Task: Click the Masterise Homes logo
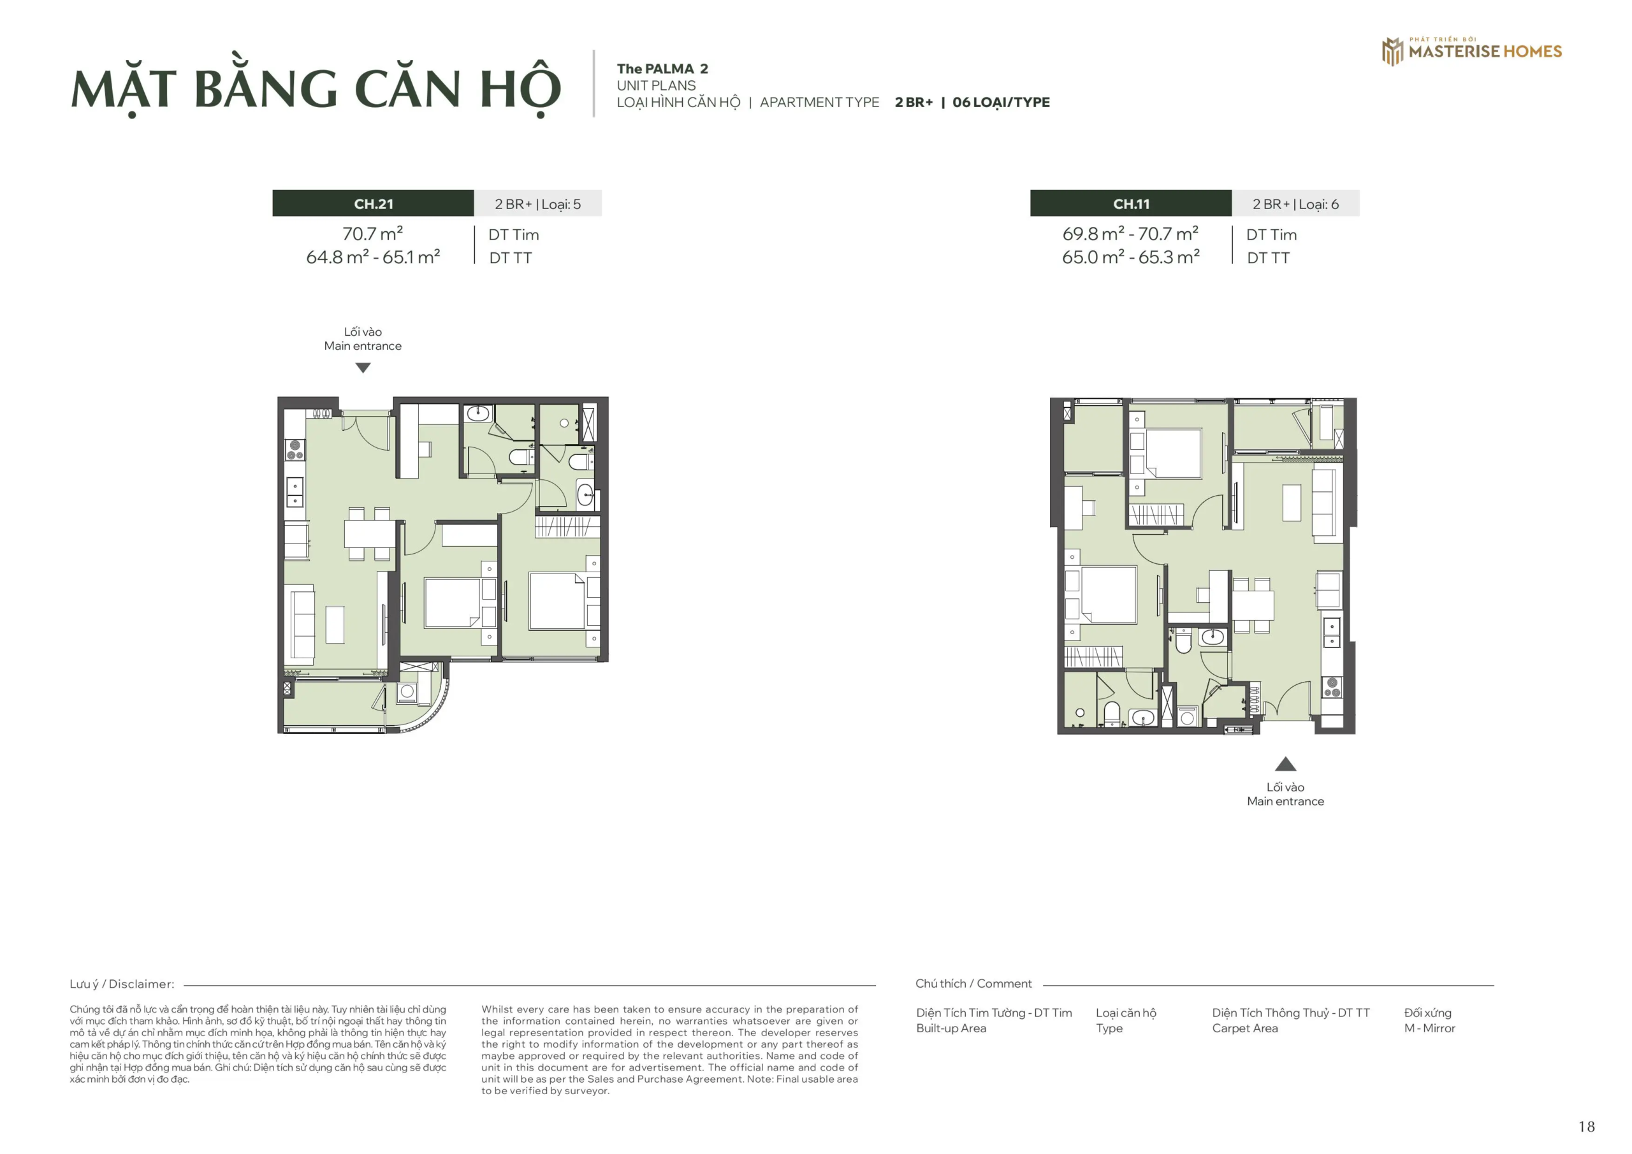(x=1471, y=50)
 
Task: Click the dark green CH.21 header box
(x=373, y=204)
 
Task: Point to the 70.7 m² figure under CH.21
(x=372, y=234)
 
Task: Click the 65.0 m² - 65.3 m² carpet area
(x=1130, y=257)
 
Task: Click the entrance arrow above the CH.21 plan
(x=363, y=368)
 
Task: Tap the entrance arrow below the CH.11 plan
(x=1285, y=765)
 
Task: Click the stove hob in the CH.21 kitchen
(x=295, y=450)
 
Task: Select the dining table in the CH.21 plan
(x=369, y=533)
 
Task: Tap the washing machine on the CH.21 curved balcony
(x=407, y=691)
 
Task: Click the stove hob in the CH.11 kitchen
(x=1331, y=687)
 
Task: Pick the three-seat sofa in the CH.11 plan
(x=1324, y=503)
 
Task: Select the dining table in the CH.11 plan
(x=1253, y=605)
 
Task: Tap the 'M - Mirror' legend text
(x=1429, y=1028)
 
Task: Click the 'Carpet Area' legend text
(x=1244, y=1028)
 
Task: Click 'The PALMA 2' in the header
(x=662, y=69)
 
